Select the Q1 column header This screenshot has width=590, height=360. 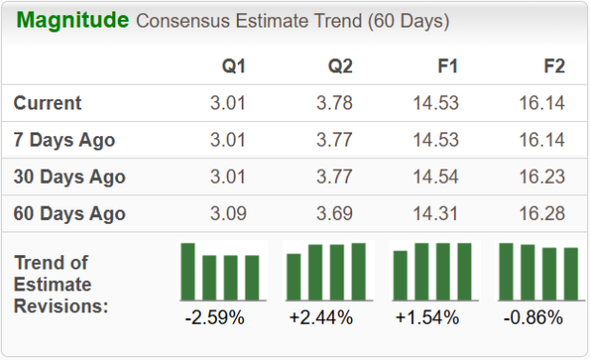pos(233,67)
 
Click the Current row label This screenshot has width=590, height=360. pos(48,103)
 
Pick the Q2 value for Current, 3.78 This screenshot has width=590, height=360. pos(335,103)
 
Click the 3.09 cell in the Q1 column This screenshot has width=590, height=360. pos(228,213)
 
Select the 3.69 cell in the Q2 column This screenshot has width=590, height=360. pos(335,213)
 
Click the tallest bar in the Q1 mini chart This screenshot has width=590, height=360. pos(188,271)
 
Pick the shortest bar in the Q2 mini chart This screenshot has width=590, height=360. pos(294,276)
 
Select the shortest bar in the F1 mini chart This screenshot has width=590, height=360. pos(401,275)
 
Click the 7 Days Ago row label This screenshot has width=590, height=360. pos(65,140)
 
